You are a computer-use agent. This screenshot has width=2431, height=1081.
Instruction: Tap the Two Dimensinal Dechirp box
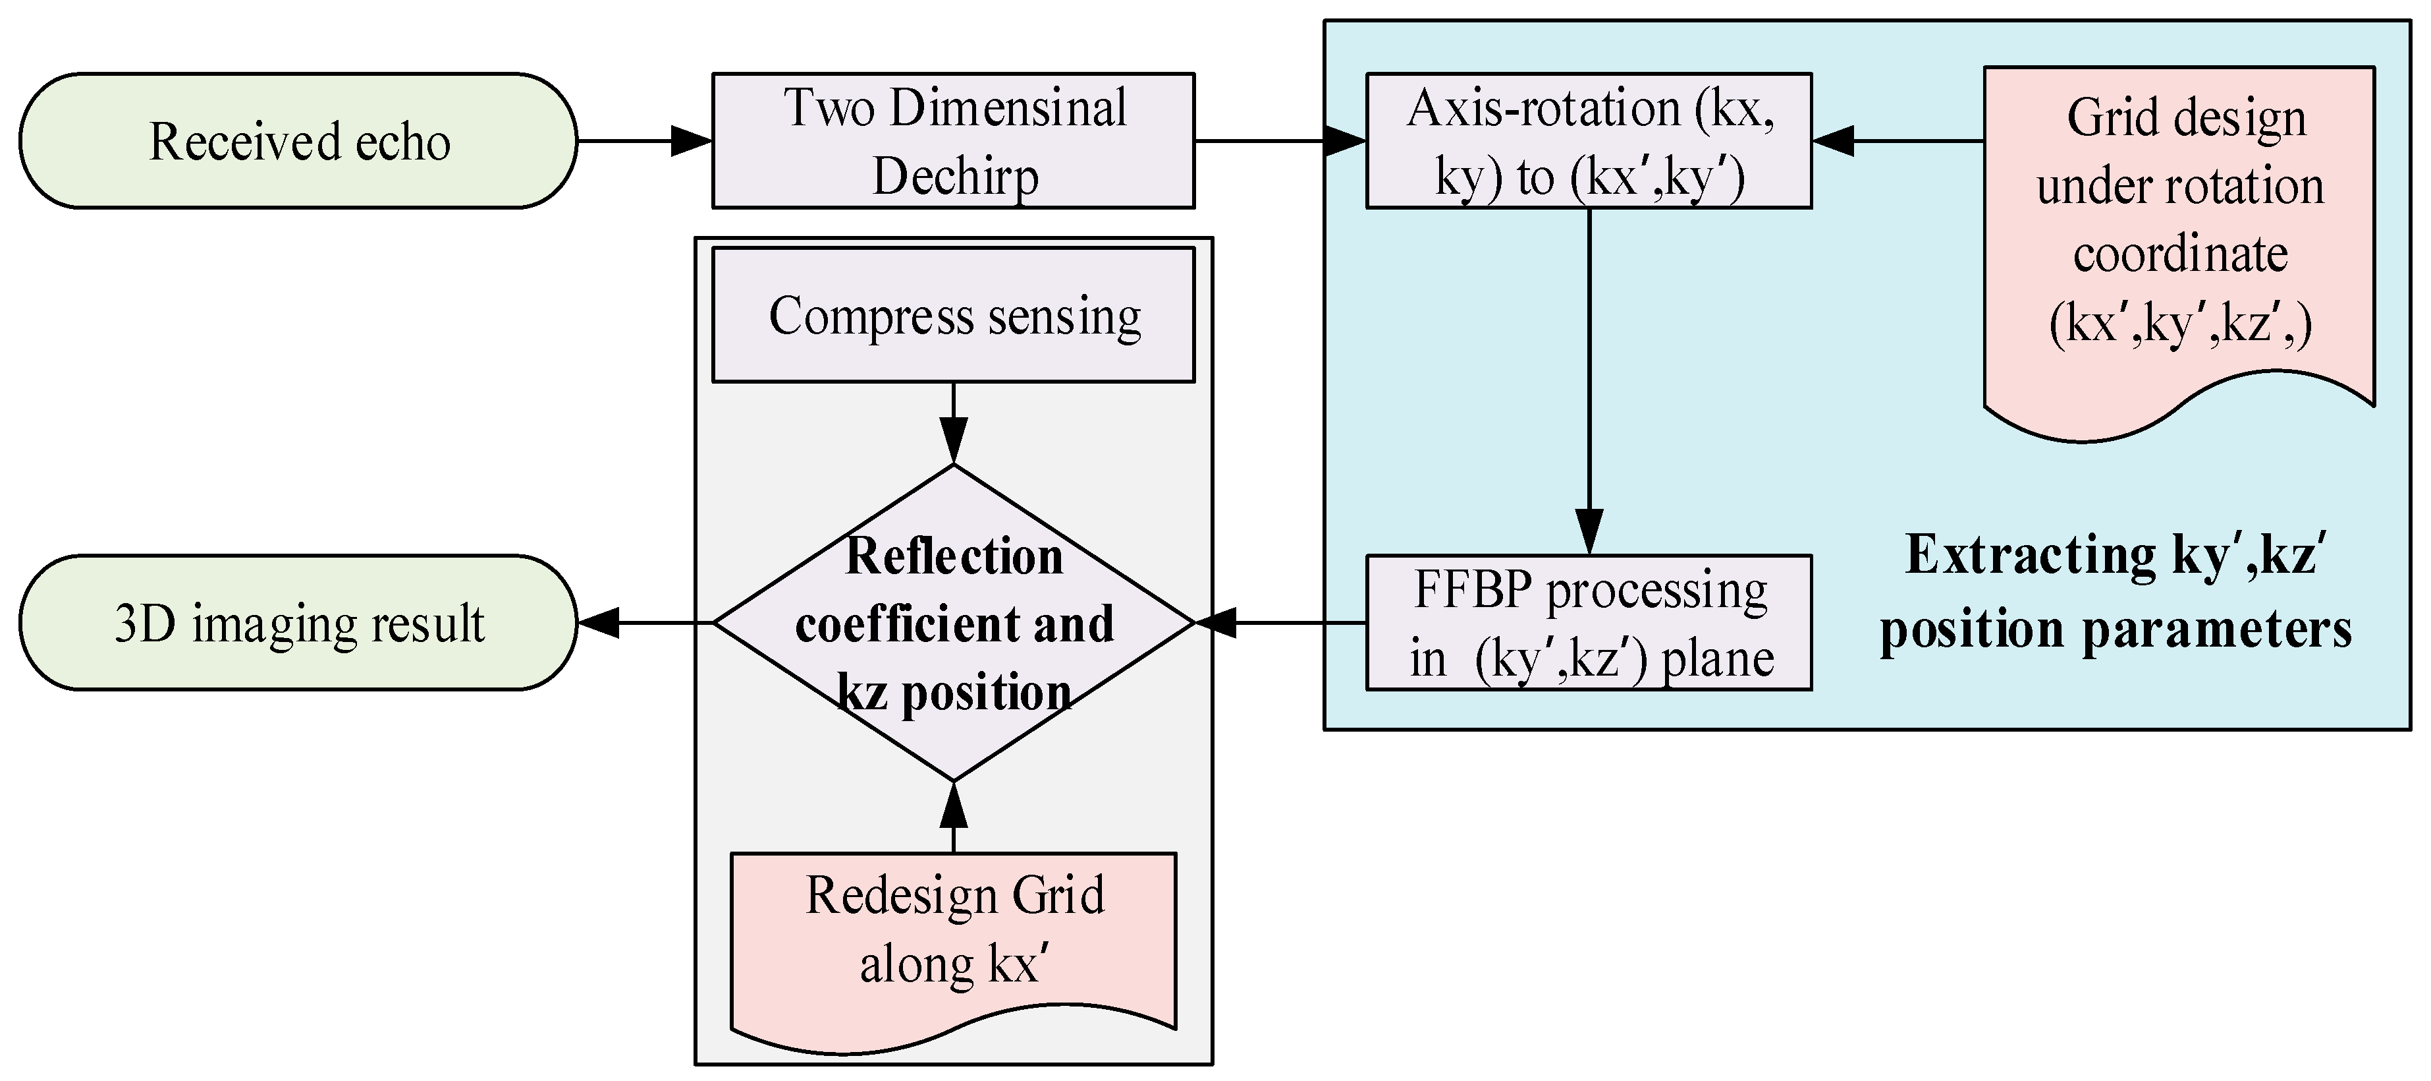(x=953, y=140)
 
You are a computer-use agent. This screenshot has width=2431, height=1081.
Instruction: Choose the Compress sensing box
(x=953, y=314)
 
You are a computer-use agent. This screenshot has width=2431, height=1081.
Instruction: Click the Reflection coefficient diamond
(x=953, y=623)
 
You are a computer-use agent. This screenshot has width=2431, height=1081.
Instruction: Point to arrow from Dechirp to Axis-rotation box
(x=1280, y=140)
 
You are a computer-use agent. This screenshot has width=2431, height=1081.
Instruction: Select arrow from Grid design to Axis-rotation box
(x=1897, y=140)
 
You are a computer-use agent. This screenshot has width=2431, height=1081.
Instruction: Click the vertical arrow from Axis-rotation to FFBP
(x=1589, y=378)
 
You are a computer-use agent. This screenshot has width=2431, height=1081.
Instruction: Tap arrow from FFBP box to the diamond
(x=1280, y=622)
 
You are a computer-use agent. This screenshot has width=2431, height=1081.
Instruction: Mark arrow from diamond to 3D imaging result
(x=645, y=622)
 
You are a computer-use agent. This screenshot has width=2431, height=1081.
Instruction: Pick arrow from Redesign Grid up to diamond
(x=953, y=817)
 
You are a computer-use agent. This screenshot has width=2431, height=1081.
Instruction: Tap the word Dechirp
(x=955, y=177)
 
